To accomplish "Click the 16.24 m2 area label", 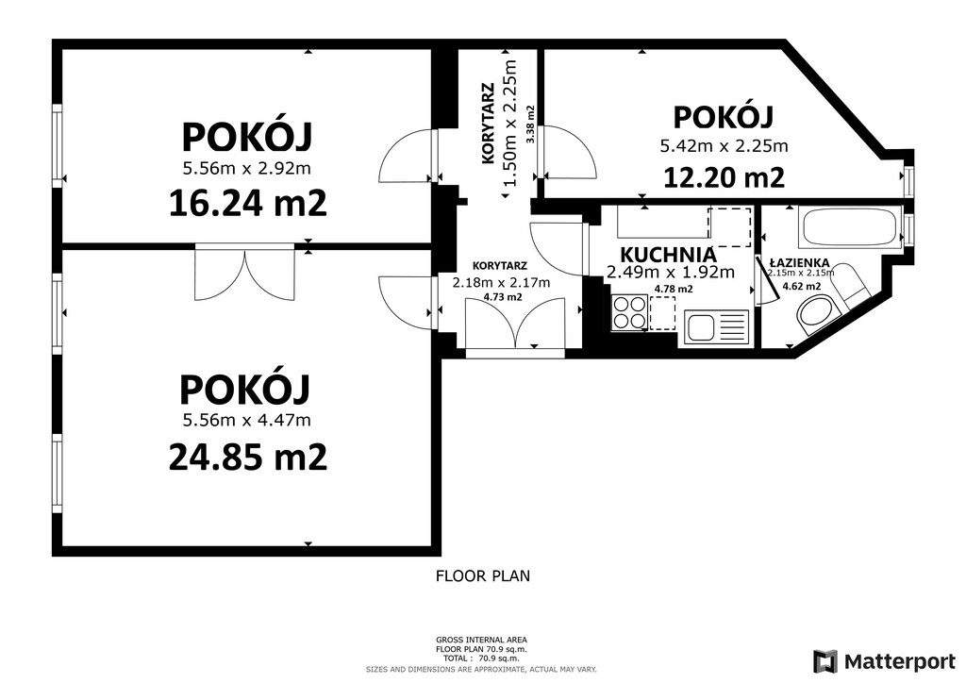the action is coord(248,203).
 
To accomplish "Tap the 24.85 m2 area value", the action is coord(248,458).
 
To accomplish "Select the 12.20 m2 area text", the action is coord(724,178).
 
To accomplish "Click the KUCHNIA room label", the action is coord(668,255).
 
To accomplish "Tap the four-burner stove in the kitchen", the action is coord(629,312).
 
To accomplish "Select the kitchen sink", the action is coord(717,326).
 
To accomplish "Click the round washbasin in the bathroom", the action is coord(816,315).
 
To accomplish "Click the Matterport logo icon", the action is coord(825,661).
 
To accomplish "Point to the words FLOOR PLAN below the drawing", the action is coord(483,576).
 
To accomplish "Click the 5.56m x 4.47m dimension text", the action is coord(246,421).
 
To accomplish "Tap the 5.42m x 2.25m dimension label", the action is coord(724,146).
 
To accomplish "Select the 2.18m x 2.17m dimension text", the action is coord(501,283).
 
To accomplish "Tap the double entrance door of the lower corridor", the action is coord(515,325).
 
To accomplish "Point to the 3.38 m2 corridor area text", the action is coord(530,125).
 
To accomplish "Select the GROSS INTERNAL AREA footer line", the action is coord(481,640).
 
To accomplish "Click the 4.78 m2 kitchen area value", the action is coord(674,289).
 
